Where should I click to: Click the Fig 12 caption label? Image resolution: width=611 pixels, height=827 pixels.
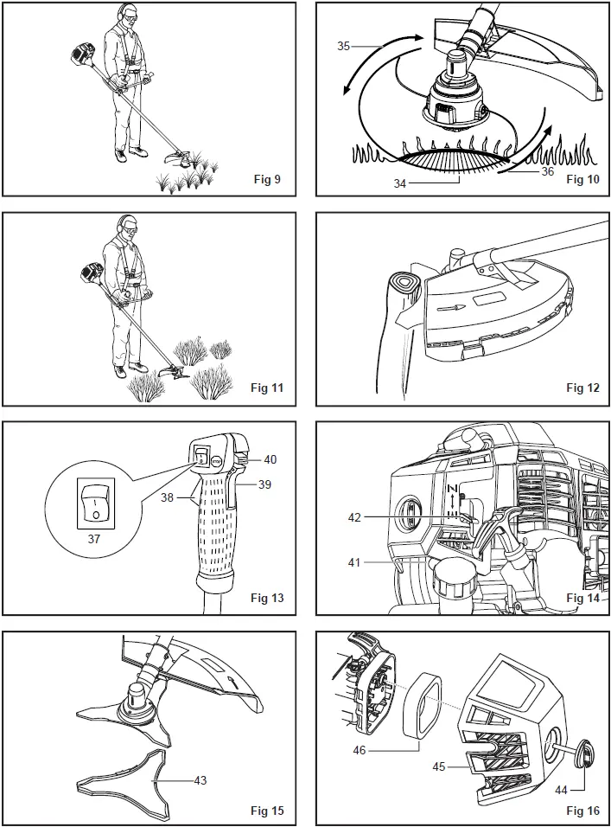point(582,388)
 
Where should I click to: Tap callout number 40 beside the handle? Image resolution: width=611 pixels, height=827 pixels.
point(270,459)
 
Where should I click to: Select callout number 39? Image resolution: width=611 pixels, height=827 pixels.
point(264,484)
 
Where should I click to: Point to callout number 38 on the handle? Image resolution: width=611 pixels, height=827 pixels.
point(168,498)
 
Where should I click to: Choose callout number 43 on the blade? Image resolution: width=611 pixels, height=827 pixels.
point(199,780)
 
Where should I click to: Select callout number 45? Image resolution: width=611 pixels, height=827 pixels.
point(439,766)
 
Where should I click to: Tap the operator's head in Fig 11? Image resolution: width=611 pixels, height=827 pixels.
point(126,230)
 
